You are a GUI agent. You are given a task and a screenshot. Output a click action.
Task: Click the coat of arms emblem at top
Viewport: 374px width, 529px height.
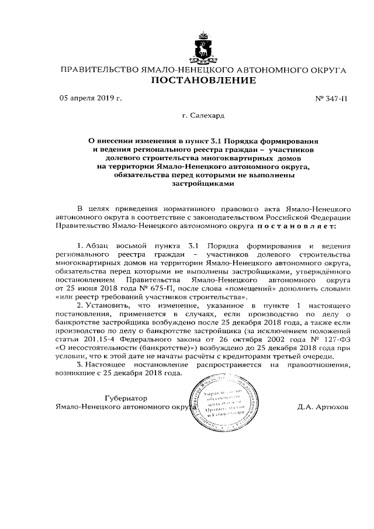[x=203, y=48]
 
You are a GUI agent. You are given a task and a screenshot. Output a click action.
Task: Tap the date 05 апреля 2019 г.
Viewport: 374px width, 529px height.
[x=91, y=98]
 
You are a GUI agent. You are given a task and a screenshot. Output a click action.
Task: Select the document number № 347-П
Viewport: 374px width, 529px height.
[x=331, y=99]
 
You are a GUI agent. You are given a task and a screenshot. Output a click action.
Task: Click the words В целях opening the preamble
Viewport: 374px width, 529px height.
[x=91, y=208]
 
